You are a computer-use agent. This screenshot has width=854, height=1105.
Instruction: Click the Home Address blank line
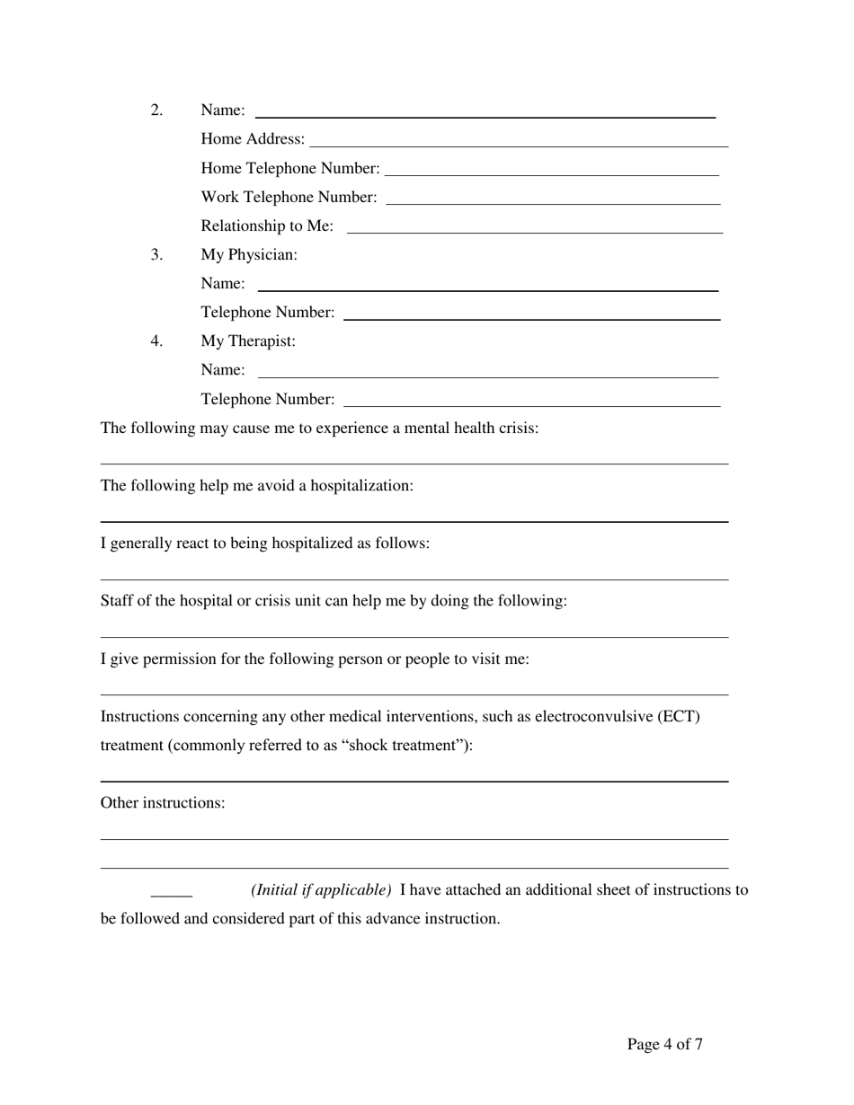tap(519, 144)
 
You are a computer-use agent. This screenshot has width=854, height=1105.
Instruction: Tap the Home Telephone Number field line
tap(551, 172)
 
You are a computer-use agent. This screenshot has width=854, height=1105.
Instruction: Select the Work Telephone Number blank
tap(552, 202)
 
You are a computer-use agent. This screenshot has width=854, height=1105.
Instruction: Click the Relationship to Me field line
tap(535, 231)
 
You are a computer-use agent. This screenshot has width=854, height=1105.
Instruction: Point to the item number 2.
tap(157, 110)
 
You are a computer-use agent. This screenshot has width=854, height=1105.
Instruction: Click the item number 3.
tap(157, 255)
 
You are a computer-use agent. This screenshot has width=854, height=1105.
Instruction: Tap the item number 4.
tap(157, 341)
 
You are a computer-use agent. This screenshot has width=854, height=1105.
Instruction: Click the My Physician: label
tap(249, 255)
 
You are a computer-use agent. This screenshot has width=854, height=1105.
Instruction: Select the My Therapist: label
tap(248, 341)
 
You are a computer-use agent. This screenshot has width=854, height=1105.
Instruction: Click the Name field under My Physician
tap(488, 288)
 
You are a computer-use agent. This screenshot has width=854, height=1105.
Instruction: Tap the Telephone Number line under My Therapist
tap(532, 404)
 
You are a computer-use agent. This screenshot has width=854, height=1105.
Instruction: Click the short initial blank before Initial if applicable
tap(172, 895)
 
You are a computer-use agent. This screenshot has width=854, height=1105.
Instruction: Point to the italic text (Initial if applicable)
tap(321, 890)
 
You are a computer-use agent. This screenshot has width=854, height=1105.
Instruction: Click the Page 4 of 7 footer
tap(665, 1044)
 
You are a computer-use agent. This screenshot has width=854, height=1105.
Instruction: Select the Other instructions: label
tap(163, 803)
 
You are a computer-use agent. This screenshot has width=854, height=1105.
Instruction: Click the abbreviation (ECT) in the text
tap(679, 717)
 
